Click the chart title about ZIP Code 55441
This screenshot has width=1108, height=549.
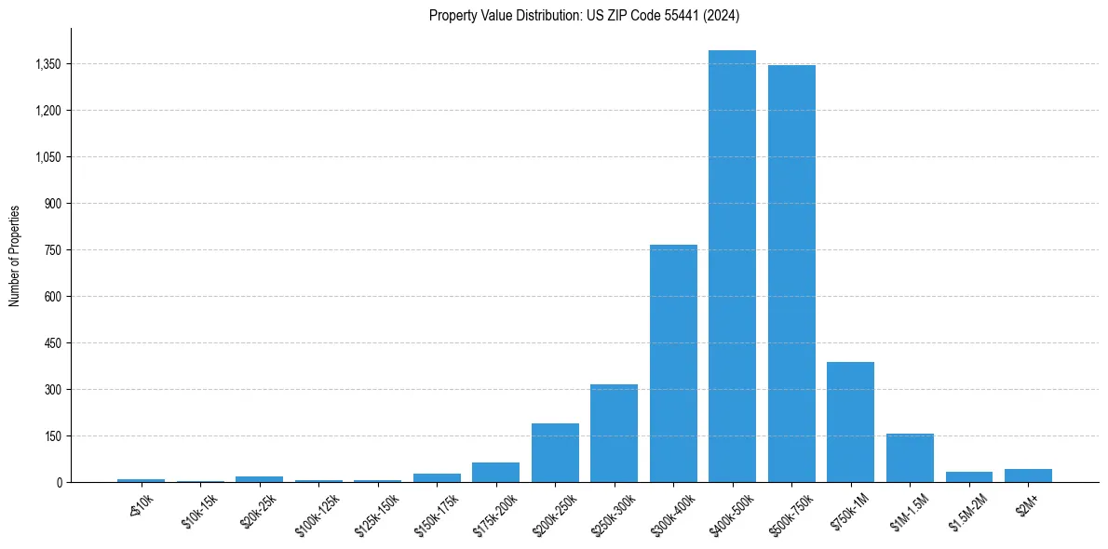584,15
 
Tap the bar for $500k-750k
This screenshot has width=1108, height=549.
791,274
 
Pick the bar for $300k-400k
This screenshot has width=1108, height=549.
673,363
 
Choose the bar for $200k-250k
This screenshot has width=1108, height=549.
555,452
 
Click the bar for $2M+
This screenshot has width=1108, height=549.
1028,475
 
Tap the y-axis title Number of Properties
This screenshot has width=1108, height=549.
15,255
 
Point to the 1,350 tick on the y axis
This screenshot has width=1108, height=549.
47,64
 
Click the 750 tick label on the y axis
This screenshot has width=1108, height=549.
52,250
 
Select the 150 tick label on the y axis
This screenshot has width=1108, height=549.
52,436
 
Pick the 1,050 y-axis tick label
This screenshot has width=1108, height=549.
47,157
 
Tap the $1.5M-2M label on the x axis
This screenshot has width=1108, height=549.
966,513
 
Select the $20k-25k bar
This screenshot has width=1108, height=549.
259,478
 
